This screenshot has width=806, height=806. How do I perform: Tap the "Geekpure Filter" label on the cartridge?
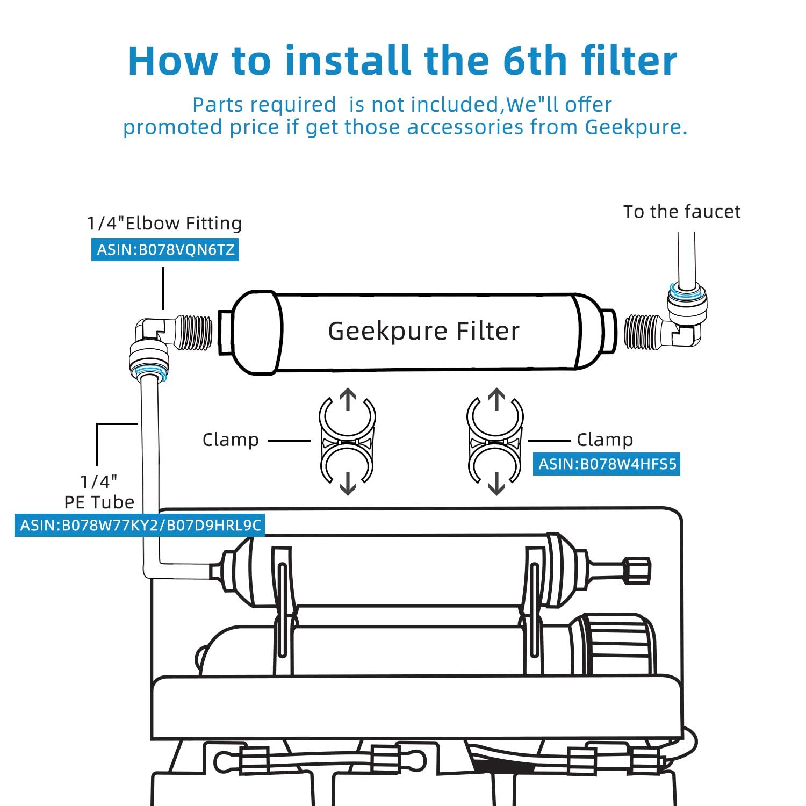coord(424,331)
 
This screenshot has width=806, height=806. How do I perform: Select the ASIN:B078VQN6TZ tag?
coord(165,250)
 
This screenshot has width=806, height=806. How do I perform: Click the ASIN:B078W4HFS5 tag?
coord(607,464)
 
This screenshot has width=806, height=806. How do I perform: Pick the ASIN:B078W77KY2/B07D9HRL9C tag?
coord(140,525)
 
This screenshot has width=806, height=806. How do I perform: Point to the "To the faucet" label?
coord(682,212)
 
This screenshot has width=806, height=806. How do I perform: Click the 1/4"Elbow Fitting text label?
coord(164,223)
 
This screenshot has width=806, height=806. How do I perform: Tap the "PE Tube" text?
coord(99,502)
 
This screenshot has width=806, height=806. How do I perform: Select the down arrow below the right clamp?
coord(496,483)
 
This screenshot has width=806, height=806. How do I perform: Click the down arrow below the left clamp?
coord(348,483)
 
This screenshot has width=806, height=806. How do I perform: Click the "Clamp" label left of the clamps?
coord(231,440)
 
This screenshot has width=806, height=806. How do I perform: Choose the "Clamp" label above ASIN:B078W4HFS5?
coord(604,440)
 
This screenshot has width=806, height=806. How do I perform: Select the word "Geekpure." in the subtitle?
coord(636,127)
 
